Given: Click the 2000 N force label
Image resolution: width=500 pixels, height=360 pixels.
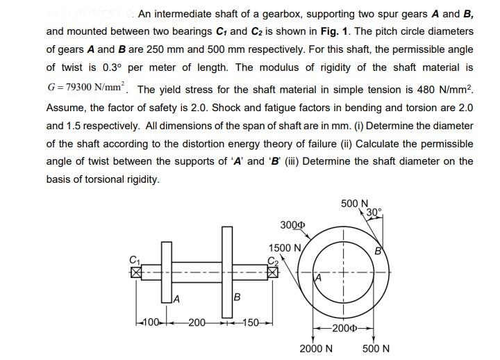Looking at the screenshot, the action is point(316,348).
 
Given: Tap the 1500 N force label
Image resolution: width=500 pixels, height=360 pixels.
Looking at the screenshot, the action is point(285,248).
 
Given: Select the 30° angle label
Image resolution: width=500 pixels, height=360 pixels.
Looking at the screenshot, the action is point(373,212).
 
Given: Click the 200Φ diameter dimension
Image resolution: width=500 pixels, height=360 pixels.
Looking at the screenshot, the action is point(344,327).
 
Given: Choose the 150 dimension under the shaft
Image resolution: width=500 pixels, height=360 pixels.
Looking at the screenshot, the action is point(250,322).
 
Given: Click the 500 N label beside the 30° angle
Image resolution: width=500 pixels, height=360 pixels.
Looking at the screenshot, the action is point(355,204).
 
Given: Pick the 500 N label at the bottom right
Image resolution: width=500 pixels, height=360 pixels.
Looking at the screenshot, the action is point(376,348).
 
